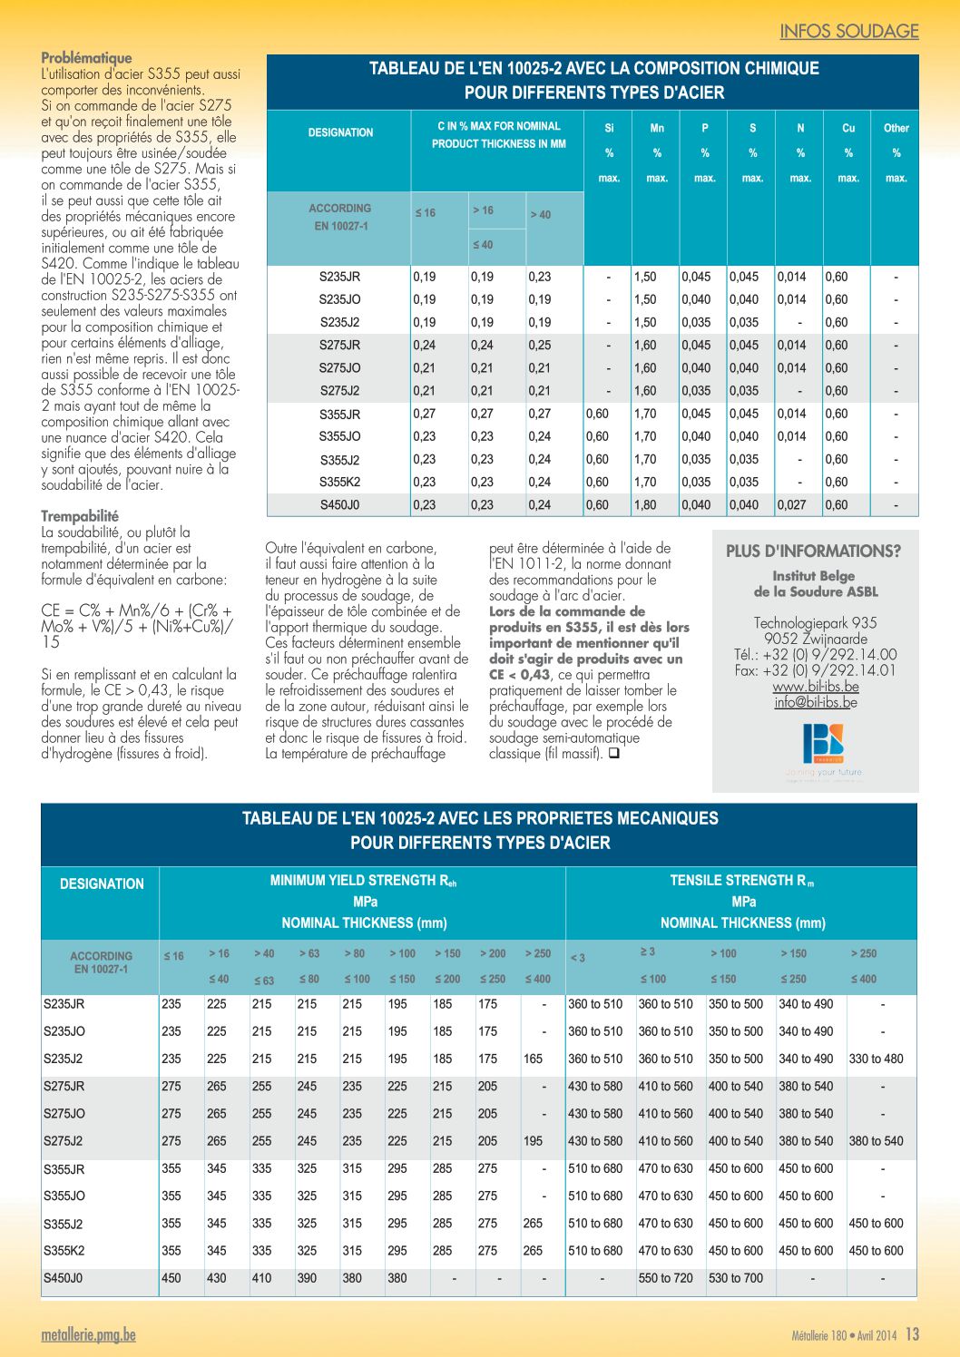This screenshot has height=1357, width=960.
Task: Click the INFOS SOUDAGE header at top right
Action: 848,31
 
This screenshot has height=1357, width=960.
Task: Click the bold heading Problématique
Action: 87,58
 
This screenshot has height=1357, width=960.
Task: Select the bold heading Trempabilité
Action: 80,516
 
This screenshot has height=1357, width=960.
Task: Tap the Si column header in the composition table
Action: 609,128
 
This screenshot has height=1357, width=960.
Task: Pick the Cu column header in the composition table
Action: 848,128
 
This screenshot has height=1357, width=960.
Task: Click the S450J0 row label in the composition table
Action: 340,504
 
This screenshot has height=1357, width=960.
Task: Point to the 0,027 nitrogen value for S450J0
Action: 791,504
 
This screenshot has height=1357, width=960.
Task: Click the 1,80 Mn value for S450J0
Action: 645,504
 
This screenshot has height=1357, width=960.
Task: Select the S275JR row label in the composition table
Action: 340,346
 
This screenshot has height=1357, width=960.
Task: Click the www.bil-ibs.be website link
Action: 815,687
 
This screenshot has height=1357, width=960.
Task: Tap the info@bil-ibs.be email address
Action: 815,703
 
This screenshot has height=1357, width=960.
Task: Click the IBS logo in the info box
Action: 823,743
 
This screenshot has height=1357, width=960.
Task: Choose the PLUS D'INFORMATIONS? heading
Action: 813,552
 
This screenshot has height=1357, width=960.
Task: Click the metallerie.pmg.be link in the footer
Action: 89,1334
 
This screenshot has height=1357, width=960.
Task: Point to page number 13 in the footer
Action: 912,1333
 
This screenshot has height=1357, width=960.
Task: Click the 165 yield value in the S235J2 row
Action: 533,1059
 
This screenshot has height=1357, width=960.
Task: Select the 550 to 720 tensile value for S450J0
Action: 665,1278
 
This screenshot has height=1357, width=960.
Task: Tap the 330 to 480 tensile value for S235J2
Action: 876,1059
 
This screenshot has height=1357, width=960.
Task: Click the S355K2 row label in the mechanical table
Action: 64,1250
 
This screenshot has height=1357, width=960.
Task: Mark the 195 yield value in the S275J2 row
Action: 533,1141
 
